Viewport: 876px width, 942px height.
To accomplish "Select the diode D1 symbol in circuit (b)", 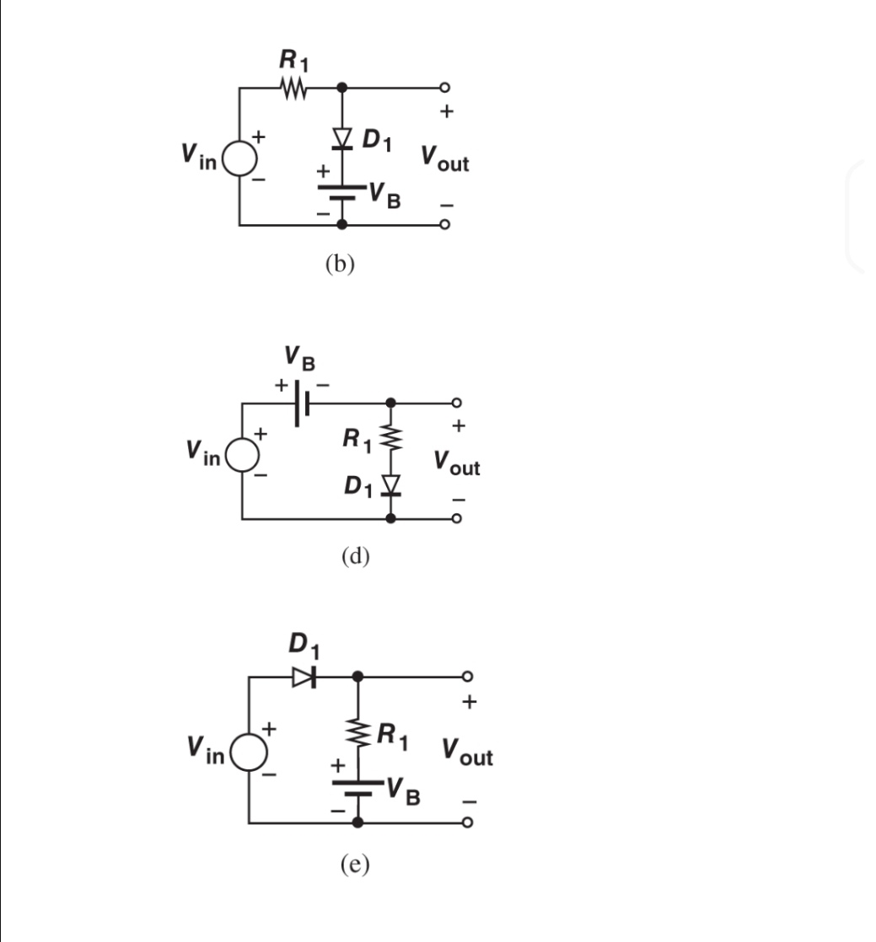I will [341, 137].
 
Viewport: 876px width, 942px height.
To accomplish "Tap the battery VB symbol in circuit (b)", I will [341, 192].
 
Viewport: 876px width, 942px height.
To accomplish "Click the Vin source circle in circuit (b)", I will [240, 158].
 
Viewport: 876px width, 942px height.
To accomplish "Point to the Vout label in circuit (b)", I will [444, 158].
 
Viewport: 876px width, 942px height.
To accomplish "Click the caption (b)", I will [340, 264].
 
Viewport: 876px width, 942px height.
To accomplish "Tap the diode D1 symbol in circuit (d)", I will [390, 484].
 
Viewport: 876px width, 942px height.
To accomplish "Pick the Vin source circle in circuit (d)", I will [243, 455].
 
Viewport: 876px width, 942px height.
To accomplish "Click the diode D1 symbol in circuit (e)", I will [304, 676].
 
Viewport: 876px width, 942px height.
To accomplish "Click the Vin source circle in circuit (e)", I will [249, 750].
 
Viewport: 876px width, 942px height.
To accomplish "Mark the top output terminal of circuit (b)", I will [446, 88].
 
